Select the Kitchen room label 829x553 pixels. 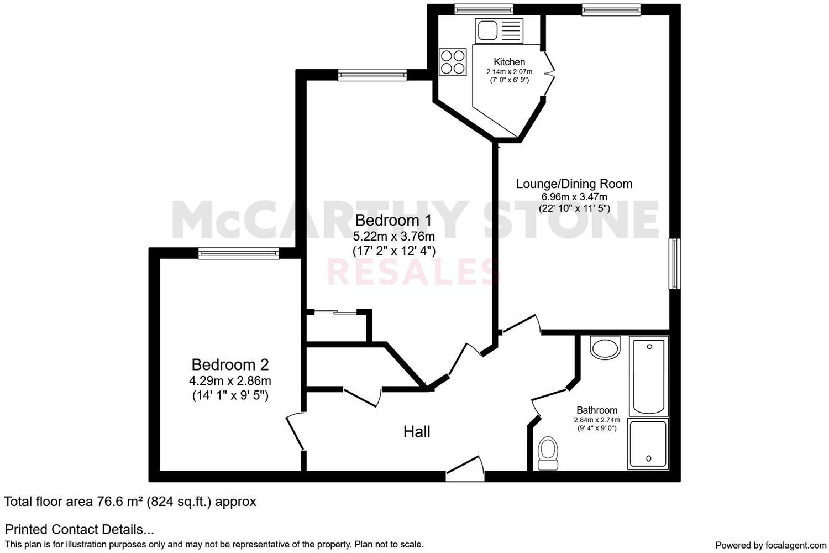(x=509, y=62)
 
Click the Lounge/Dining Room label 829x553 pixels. (x=574, y=184)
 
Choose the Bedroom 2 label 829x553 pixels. (x=230, y=365)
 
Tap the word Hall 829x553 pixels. (x=416, y=432)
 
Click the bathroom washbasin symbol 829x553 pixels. (x=606, y=348)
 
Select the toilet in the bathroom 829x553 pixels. (x=548, y=452)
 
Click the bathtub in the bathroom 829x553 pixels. (x=649, y=377)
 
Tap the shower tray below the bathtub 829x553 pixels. (x=648, y=444)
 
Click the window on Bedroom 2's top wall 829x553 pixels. (x=239, y=253)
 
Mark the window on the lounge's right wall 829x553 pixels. (x=674, y=263)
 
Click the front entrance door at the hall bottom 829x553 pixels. (x=465, y=469)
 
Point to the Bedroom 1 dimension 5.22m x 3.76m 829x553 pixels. (x=394, y=236)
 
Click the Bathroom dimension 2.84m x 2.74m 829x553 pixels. (x=597, y=420)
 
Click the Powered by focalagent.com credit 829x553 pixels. (x=770, y=545)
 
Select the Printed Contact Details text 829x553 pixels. (x=79, y=529)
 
